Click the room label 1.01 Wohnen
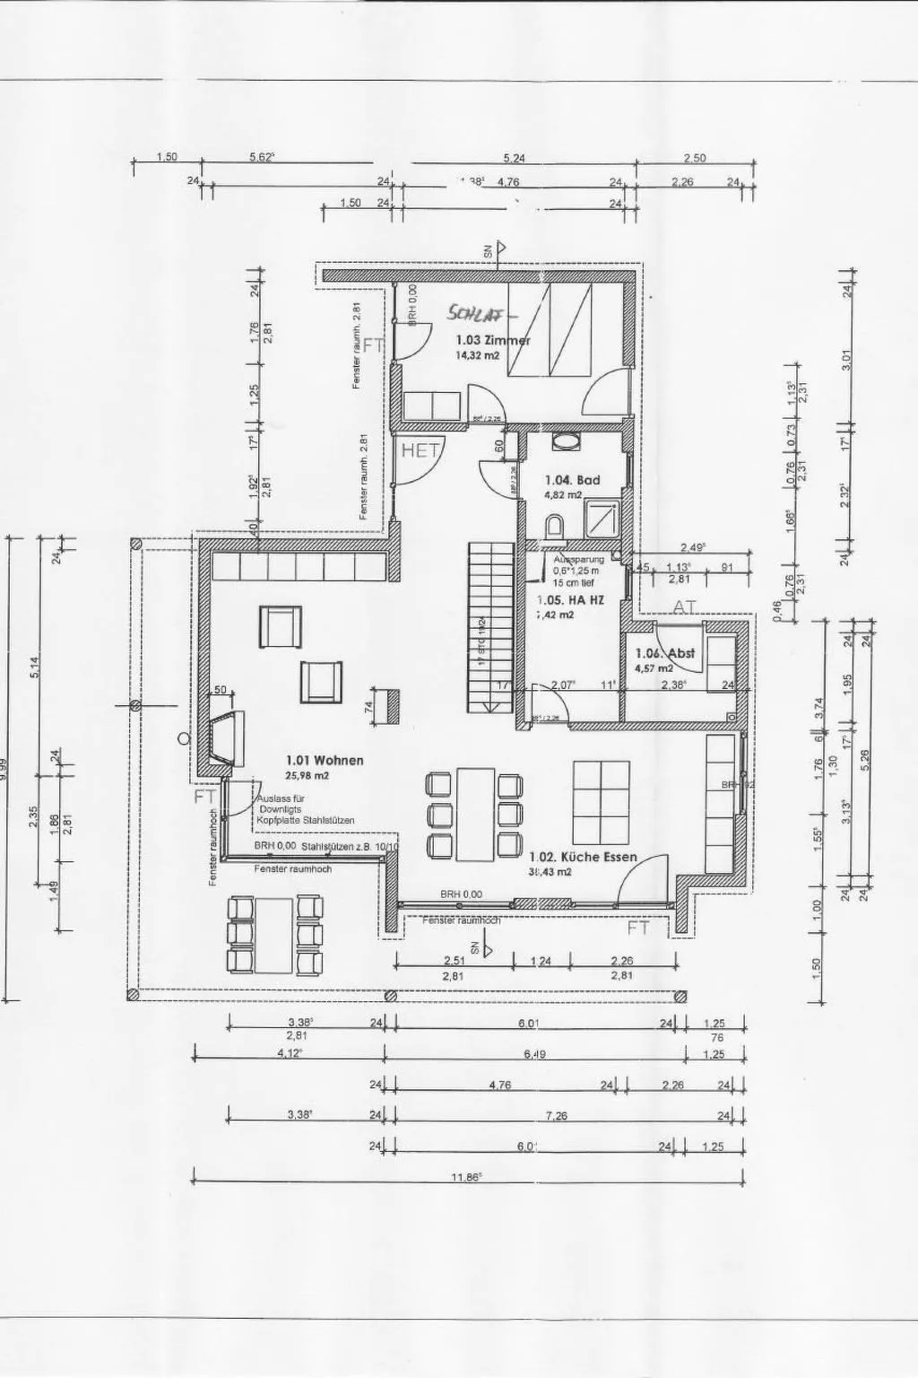[325, 760]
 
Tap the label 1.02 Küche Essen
[583, 857]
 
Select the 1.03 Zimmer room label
[493, 340]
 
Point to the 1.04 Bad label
[572, 480]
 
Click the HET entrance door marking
[418, 450]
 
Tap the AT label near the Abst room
[685, 607]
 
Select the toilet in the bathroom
[554, 526]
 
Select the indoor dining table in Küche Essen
[474, 813]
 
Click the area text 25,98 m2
[307, 776]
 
